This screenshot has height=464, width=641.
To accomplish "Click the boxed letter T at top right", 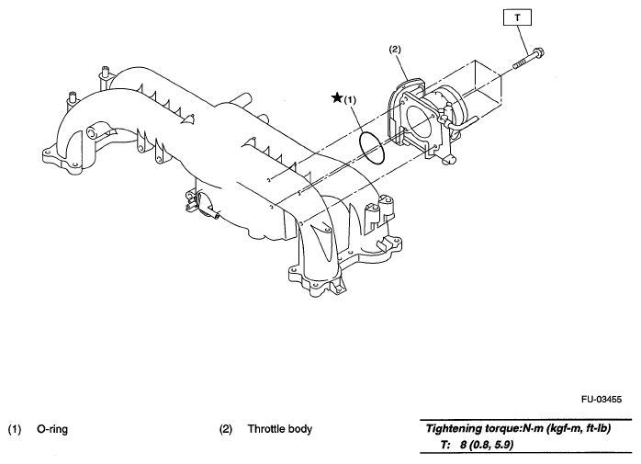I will pyautogui.click(x=516, y=17).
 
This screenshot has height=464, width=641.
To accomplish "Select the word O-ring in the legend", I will pyautogui.click(x=52, y=429).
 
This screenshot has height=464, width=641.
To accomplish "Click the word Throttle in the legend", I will pyautogui.click(x=268, y=429).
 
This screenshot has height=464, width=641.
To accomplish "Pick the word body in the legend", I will pyautogui.click(x=301, y=429).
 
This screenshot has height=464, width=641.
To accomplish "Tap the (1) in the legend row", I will pyautogui.click(x=15, y=429).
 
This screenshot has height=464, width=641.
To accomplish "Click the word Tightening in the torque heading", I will pyautogui.click(x=458, y=429).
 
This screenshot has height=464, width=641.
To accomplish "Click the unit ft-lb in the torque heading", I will pyautogui.click(x=593, y=429).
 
